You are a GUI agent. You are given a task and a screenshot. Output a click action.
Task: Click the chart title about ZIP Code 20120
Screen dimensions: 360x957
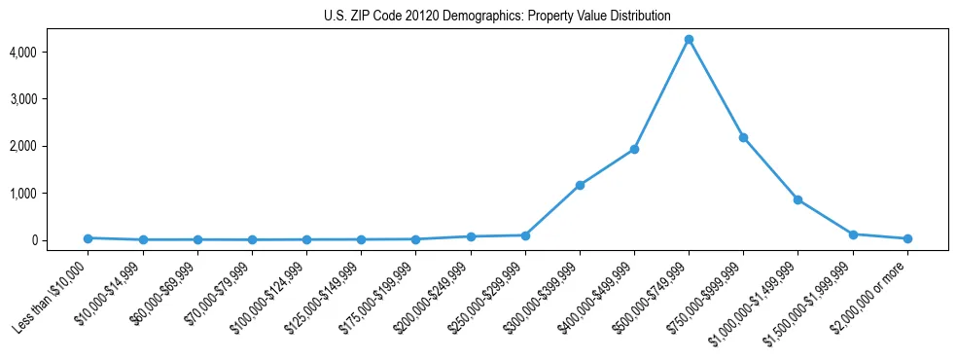click(497, 17)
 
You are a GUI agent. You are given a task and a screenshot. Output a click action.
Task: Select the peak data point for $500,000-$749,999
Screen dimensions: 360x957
click(689, 40)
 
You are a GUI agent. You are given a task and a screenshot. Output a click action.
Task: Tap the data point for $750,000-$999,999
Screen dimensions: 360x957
click(743, 137)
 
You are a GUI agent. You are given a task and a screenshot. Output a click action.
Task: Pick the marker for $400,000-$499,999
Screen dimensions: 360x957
click(634, 149)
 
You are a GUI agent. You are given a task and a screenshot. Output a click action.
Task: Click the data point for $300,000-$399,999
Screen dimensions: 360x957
click(580, 185)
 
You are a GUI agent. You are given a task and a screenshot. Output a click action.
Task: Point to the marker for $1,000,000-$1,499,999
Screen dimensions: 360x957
click(797, 199)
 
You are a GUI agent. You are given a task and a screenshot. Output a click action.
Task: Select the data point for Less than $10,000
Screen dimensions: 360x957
click(89, 237)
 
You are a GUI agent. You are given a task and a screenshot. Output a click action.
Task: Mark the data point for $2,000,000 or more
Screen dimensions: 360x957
click(907, 238)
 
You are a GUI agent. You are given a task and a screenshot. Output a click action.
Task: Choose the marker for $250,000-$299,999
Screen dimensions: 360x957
click(525, 235)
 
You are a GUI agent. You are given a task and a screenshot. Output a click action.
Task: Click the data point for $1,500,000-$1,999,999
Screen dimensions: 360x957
click(853, 234)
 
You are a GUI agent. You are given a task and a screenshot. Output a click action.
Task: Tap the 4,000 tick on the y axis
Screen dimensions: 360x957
click(52, 52)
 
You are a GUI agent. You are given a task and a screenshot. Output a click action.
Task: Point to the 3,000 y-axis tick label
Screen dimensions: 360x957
click(52, 99)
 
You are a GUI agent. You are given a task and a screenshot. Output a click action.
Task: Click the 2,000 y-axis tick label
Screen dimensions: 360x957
click(52, 146)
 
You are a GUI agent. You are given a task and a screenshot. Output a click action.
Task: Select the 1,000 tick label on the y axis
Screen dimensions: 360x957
click(52, 194)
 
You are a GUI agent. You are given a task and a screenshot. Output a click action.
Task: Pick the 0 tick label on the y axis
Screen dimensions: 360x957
click(61, 240)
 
